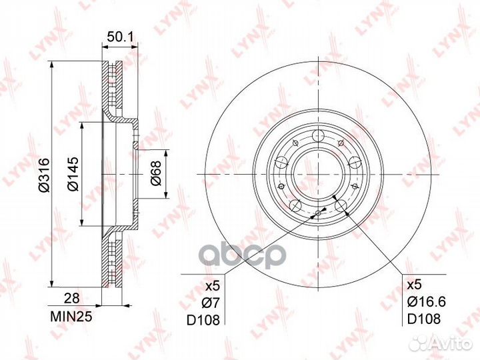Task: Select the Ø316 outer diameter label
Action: [45, 175]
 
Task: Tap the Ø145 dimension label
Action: [73, 174]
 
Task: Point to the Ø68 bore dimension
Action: [156, 173]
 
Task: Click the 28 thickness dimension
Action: [71, 298]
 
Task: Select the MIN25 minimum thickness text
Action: [71, 317]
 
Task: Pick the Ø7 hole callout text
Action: [211, 303]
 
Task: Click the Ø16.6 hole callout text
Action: [426, 302]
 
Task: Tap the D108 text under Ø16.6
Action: [424, 319]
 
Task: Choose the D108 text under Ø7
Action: [203, 320]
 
